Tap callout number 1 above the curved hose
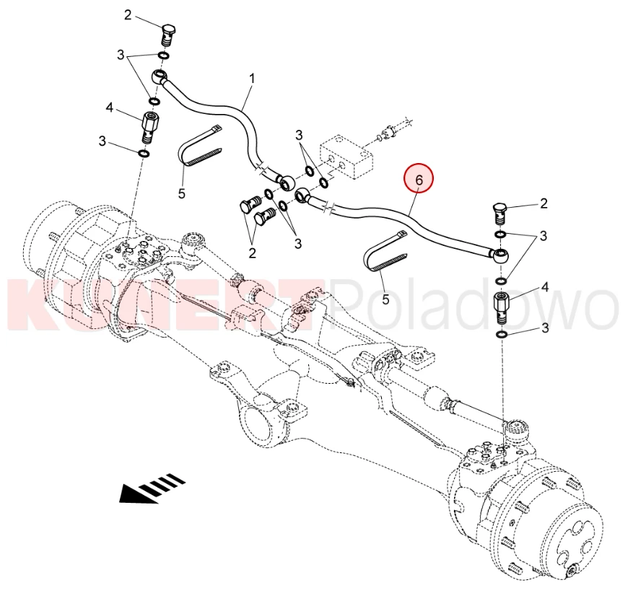[x=253, y=76]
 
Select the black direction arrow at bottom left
[x=152, y=488]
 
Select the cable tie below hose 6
[x=388, y=252]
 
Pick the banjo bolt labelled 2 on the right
[x=502, y=214]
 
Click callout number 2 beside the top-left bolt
[x=128, y=15]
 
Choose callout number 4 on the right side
[x=544, y=287]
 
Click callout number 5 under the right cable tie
[x=385, y=298]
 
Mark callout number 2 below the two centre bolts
[x=253, y=252]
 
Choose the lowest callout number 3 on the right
[x=544, y=329]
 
